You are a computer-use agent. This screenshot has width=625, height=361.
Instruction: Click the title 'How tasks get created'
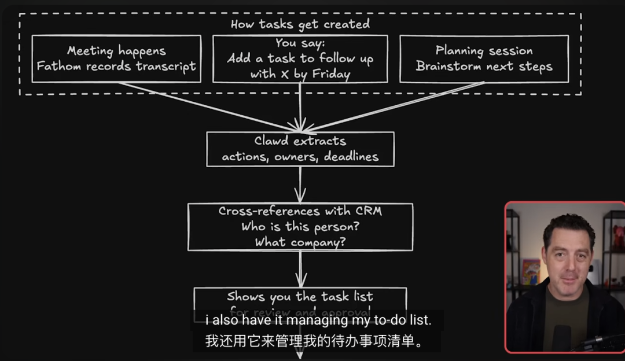tap(300, 24)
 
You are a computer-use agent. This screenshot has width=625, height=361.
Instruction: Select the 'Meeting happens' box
tap(116, 58)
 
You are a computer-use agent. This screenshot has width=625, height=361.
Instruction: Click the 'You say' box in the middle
tap(300, 58)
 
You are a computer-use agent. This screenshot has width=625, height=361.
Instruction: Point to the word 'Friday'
tap(330, 74)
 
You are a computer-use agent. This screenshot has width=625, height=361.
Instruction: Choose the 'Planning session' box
tap(484, 58)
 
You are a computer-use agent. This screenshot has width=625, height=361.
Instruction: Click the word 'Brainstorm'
tap(449, 66)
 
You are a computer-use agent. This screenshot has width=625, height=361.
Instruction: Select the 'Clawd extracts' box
tap(300, 149)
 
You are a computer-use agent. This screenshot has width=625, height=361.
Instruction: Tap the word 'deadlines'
tap(351, 156)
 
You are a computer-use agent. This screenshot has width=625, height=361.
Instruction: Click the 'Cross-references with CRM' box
tap(300, 226)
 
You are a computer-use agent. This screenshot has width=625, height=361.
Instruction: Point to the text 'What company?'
tap(300, 242)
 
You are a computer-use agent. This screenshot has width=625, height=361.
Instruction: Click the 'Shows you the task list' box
tap(300, 297)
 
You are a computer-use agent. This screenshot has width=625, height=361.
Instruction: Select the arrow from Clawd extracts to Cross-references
tap(300, 185)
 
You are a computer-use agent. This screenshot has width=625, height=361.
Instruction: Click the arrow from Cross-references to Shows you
tap(300, 269)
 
